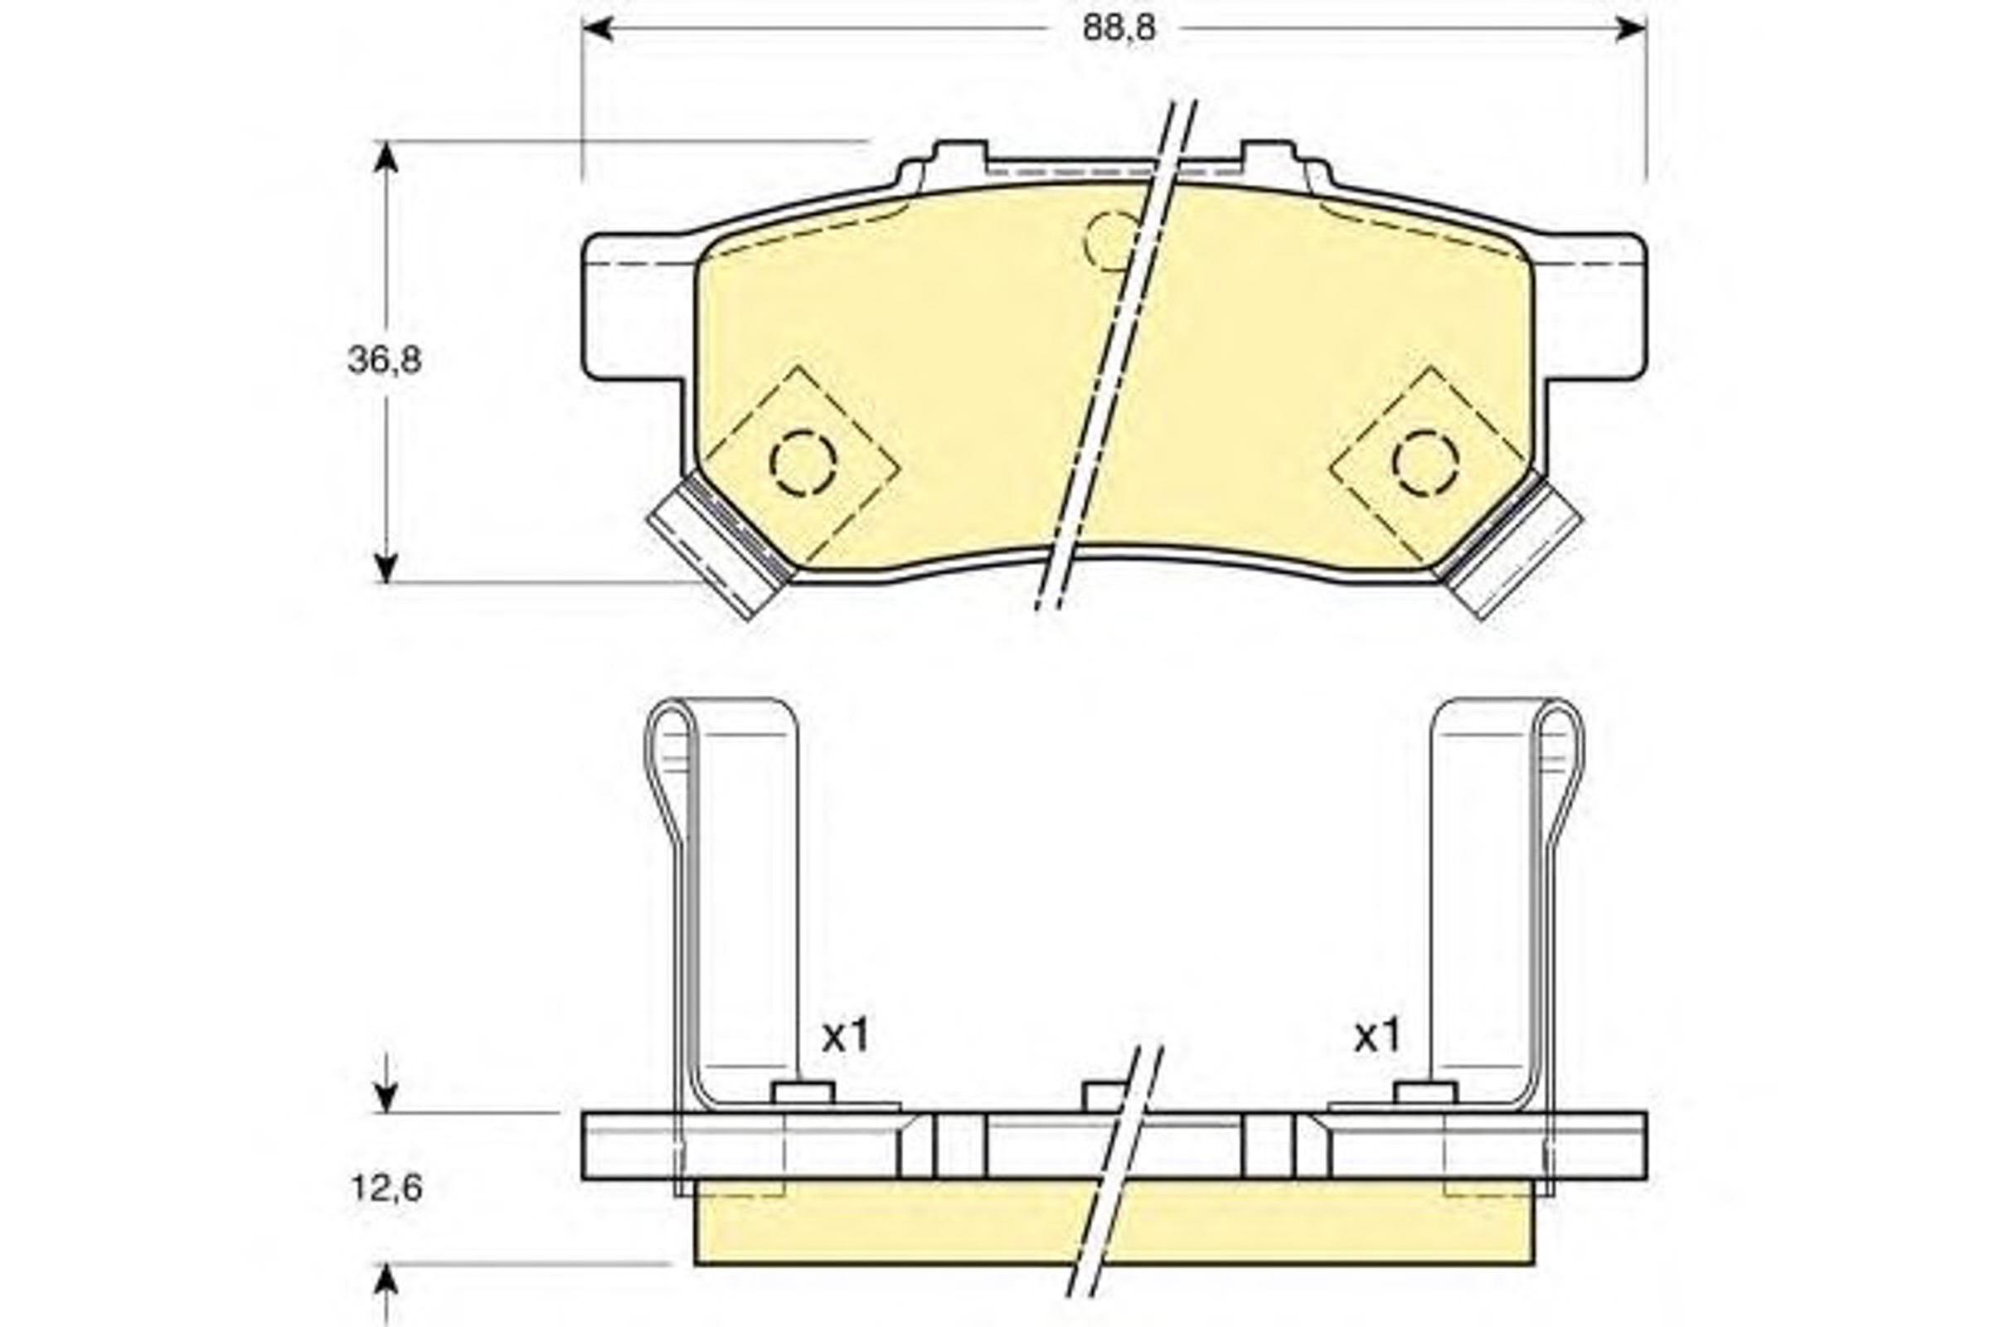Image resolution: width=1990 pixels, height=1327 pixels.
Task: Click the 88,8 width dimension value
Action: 1118,29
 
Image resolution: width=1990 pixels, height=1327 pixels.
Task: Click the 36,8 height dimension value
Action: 384,361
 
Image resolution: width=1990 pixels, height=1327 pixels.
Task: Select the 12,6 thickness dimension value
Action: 386,1189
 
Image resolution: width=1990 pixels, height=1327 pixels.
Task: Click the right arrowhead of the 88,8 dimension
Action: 1630,29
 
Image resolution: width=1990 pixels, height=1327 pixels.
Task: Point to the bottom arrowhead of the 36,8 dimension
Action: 386,566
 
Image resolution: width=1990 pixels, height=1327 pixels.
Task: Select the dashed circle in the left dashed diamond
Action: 803,463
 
